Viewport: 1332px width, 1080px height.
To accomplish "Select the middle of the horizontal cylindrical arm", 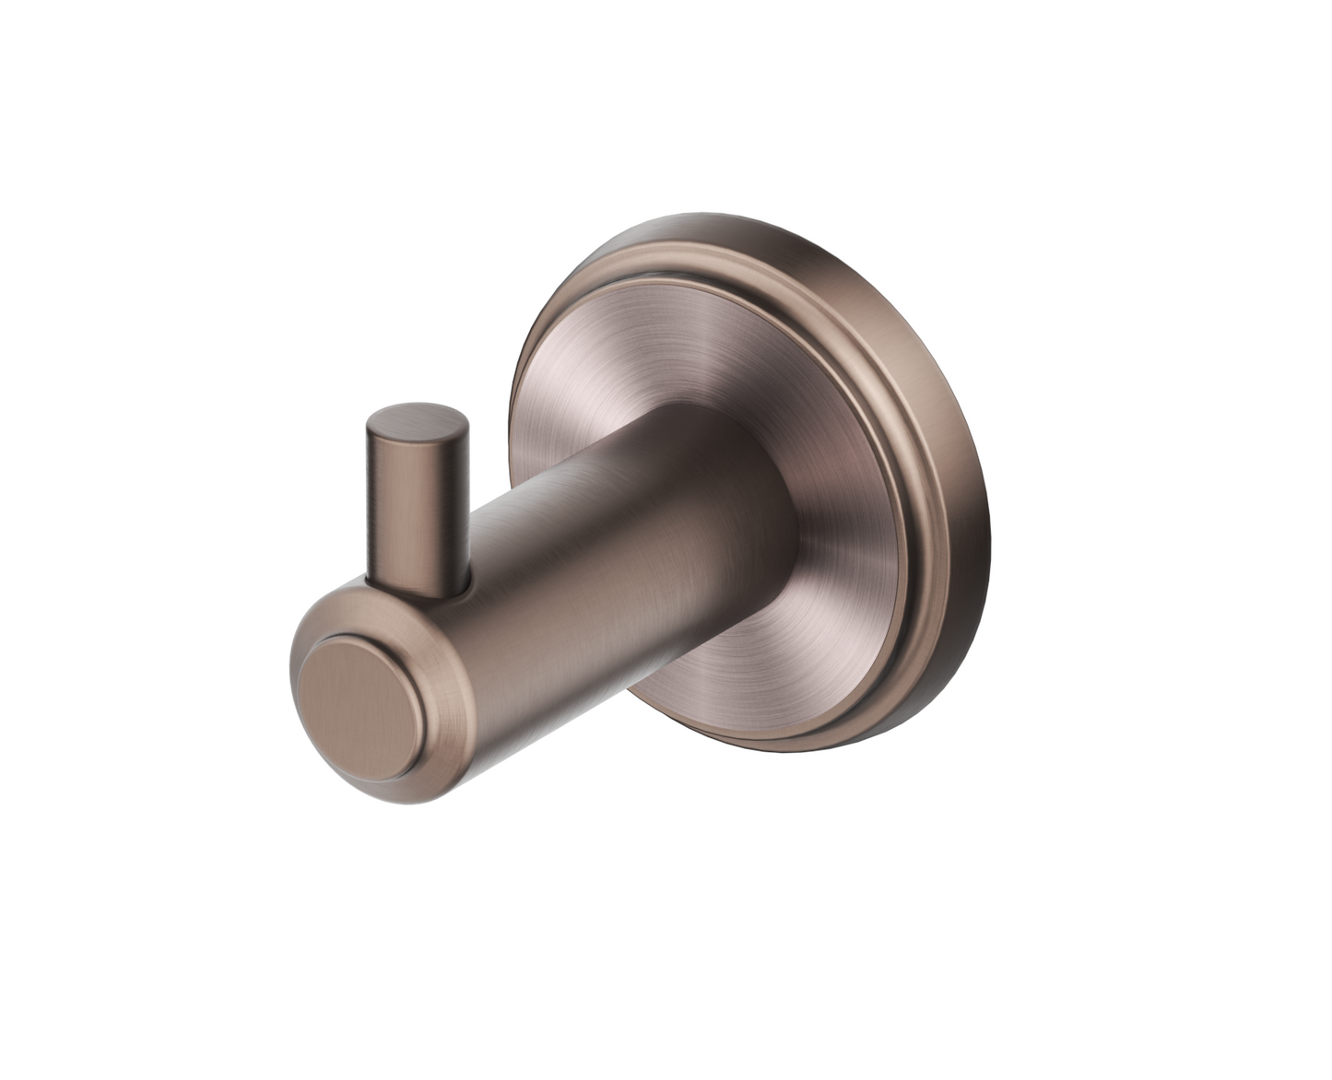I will [590, 571].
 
